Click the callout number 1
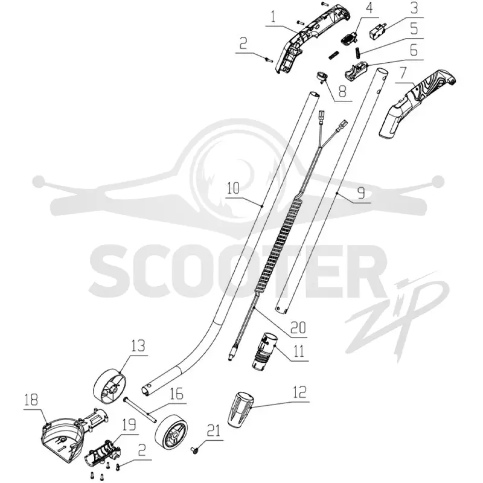point(273,18)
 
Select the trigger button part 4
point(350,39)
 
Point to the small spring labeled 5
point(358,52)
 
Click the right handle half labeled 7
point(417,103)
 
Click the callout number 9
point(361,193)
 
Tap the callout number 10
point(233,188)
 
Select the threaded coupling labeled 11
point(264,351)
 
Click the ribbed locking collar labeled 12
point(241,409)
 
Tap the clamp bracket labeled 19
point(102,453)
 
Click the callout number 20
point(298,327)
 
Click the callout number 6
point(414,50)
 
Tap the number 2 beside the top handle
point(243,44)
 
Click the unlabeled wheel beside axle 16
point(171,432)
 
